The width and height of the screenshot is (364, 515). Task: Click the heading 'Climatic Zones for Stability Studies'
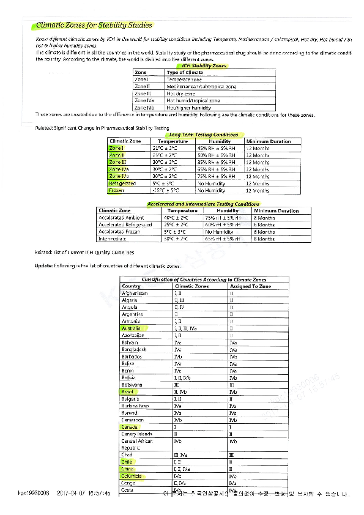tap(94, 26)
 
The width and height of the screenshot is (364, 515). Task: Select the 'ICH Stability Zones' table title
tap(204, 65)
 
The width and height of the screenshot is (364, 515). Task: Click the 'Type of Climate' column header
tap(185, 73)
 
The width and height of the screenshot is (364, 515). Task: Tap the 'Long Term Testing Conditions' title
tap(203, 135)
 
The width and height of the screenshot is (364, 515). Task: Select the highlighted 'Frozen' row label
tap(116, 190)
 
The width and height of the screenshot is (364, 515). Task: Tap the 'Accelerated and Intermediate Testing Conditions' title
tap(203, 204)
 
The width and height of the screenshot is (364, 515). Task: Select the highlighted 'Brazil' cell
tap(128, 391)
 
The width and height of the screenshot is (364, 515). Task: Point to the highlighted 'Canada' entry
tap(130, 427)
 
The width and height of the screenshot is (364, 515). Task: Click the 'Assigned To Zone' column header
tap(250, 286)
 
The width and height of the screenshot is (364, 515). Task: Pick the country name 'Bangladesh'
tap(134, 349)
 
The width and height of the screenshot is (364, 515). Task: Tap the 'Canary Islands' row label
tap(137, 434)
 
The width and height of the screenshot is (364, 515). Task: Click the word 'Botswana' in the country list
tap(132, 385)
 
